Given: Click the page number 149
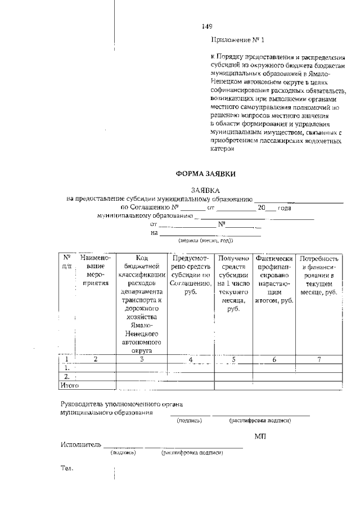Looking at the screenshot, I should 207,26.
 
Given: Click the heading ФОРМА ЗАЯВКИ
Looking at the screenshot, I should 205,174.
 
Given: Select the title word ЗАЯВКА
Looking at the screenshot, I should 205,191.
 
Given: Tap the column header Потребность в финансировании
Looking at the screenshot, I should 319,275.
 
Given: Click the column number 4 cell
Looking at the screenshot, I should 191,359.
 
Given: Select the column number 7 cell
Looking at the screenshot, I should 319,359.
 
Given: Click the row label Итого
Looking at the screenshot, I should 70,385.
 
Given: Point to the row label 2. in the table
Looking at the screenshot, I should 67,376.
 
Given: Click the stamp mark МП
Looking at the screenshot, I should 260,436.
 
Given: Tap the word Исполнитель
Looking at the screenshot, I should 81,445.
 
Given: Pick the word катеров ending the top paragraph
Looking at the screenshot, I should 222,150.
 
